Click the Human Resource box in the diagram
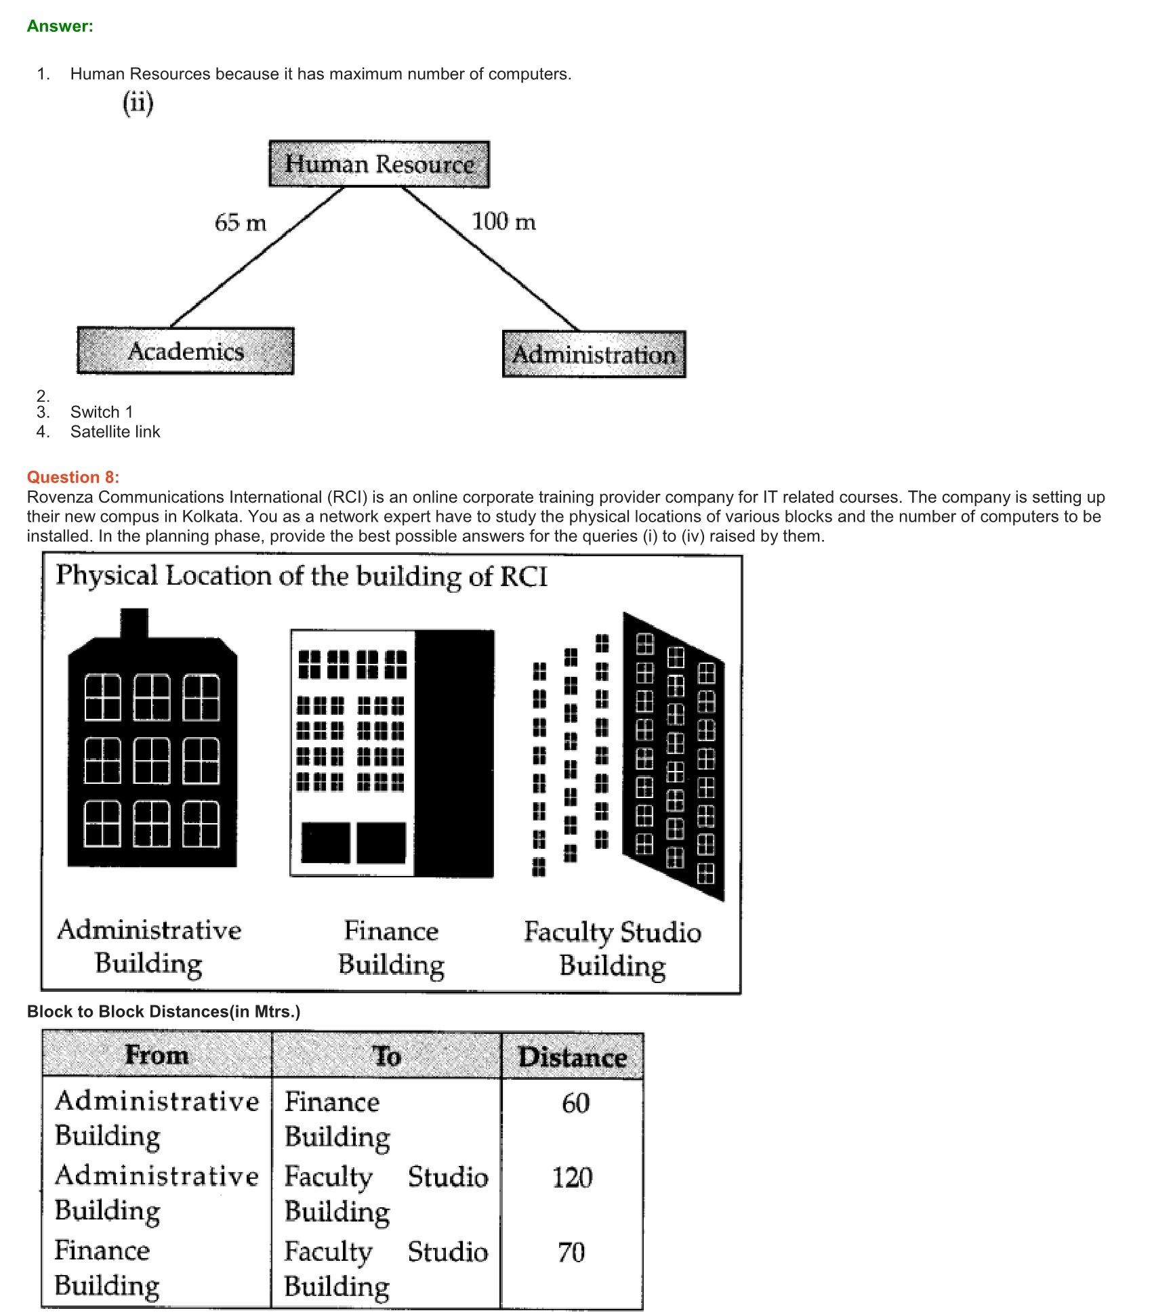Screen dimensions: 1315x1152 (x=379, y=164)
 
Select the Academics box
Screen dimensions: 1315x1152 (x=186, y=351)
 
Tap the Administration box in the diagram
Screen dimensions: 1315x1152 (x=594, y=354)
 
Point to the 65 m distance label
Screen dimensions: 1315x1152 (x=241, y=222)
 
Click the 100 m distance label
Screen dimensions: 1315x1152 (x=503, y=221)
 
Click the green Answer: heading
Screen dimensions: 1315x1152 (x=60, y=26)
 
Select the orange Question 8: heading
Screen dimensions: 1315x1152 (x=73, y=477)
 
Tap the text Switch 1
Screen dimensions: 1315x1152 (x=102, y=412)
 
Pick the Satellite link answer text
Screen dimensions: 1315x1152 (x=115, y=432)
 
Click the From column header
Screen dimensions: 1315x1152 (x=157, y=1055)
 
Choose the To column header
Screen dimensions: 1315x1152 (x=386, y=1056)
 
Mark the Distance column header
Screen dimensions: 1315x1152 (x=573, y=1057)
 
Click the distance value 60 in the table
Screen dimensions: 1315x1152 (x=575, y=1103)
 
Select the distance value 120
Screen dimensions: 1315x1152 (x=573, y=1177)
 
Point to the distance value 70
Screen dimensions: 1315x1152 (x=571, y=1252)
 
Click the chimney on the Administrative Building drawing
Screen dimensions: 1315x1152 (x=134, y=623)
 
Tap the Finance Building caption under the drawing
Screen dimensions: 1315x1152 (x=391, y=947)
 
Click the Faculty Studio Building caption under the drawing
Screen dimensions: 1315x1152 (x=613, y=948)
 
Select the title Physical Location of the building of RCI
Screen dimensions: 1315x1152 (x=302, y=576)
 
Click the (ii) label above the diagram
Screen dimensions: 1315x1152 (x=138, y=103)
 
